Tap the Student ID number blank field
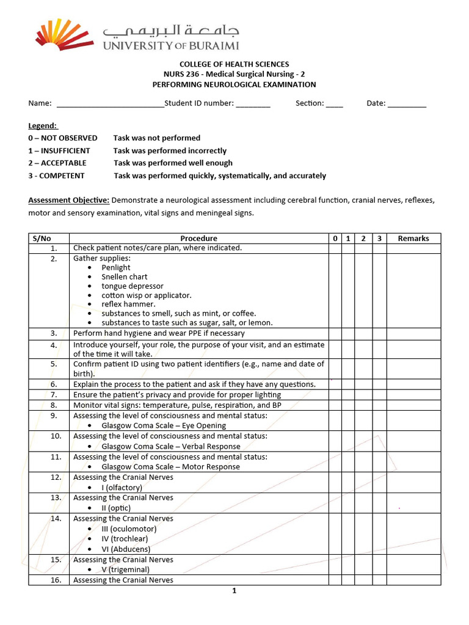coord(253,104)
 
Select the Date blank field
coord(407,104)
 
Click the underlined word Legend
coord(43,126)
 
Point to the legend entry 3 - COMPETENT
coord(56,176)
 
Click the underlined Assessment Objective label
coord(69,200)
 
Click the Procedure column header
coord(198,239)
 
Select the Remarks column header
coord(413,239)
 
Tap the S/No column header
coord(49,239)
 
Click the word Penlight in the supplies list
coord(116,267)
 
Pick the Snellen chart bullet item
coord(125,276)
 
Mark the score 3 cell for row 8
coord(379,405)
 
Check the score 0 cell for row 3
coord(335,333)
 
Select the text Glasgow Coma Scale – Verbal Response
coord(171,446)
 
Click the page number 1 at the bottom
coord(234,591)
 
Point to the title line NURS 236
coord(234,74)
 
